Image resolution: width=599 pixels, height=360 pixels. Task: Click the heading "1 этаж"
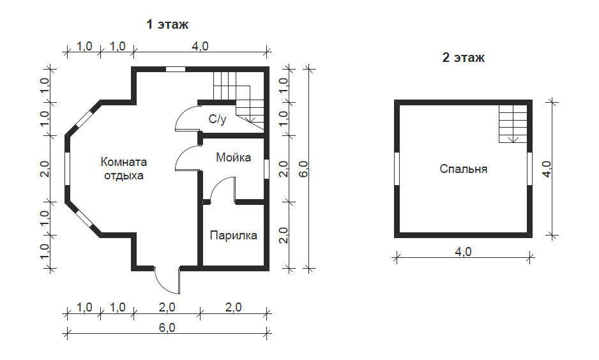167,24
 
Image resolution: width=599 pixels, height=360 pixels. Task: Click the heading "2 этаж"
464,57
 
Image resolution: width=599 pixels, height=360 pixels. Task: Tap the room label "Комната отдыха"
124,169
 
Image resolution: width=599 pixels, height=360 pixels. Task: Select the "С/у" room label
217,119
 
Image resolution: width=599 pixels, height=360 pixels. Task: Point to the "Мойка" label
234,157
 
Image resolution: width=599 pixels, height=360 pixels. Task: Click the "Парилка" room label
234,235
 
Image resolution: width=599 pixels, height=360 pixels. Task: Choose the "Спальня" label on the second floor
464,169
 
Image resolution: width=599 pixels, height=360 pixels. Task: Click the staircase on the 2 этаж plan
513,124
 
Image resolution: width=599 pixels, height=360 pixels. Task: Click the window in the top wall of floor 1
176,69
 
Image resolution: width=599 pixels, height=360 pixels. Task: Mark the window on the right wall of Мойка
266,169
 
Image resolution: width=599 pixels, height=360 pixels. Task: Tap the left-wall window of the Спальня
397,169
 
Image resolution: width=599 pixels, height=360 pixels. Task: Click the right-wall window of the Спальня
529,169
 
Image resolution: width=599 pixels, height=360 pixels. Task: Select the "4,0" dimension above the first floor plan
200,46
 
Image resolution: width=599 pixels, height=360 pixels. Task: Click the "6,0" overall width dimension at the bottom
167,327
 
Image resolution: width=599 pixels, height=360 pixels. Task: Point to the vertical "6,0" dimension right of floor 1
303,169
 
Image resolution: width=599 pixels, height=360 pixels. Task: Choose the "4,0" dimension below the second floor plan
463,251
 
